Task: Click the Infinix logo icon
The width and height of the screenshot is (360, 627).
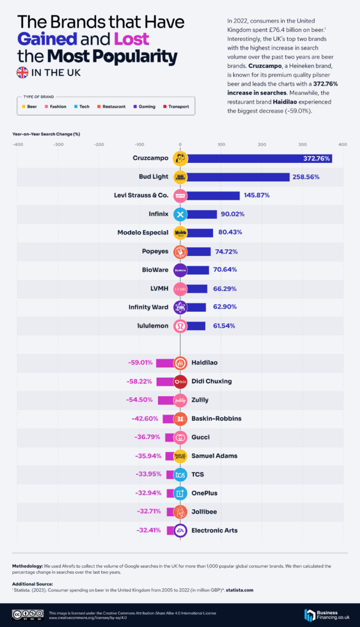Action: coord(180,214)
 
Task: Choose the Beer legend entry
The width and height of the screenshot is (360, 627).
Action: coord(28,107)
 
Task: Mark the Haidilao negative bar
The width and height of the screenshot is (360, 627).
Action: coord(165,362)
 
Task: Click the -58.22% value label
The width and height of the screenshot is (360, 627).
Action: coord(140,381)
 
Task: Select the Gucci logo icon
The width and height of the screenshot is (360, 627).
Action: coord(180,437)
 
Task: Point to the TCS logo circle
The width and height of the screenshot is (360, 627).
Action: coord(180,474)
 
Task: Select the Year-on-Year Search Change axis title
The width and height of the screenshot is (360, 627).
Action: coord(47,133)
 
